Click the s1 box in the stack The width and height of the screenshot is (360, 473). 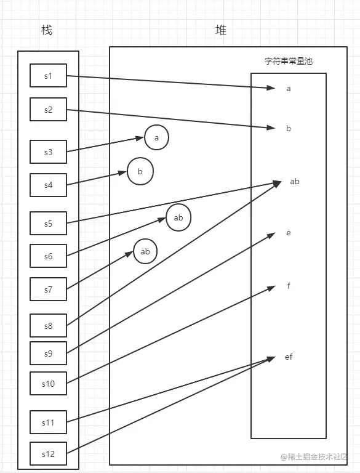coord(48,76)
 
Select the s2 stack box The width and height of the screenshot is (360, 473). coord(48,110)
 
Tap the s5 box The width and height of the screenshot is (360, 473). coord(48,224)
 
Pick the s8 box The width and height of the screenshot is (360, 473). coord(48,325)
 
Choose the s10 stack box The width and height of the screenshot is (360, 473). coord(48,383)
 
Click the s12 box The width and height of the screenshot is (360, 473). coord(48,454)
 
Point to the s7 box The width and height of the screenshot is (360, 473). coord(48,289)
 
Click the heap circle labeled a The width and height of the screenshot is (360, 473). coord(156,138)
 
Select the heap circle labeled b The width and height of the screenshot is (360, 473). coord(140,172)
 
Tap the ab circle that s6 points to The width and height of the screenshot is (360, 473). coord(178,218)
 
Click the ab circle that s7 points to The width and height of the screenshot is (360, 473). coord(145,251)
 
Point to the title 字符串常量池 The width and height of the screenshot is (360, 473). coord(289,62)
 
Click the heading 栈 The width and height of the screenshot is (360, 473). coord(47,30)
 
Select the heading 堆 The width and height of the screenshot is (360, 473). coord(221,30)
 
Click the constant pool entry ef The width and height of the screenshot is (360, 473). coord(289,357)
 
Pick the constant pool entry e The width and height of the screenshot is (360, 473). coord(289,233)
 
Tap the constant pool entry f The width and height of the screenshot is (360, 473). coord(289,286)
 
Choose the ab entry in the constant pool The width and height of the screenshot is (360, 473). coord(294,181)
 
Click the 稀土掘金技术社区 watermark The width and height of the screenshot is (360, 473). coord(314,457)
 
